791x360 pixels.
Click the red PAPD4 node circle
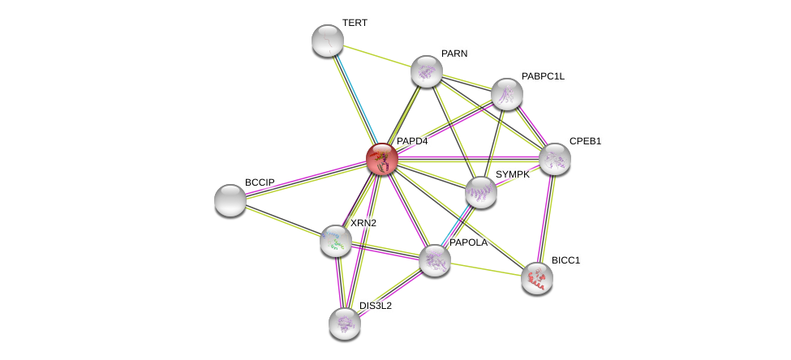381,159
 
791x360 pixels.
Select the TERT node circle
328,41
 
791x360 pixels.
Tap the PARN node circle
427,71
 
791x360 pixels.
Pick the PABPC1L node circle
507,94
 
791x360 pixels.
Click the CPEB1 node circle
555,159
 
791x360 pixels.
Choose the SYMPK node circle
481,192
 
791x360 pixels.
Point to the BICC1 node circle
537,278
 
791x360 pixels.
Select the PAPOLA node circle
435,260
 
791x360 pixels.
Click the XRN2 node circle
336,241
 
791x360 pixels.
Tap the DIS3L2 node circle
345,324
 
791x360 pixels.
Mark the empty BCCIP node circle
230,200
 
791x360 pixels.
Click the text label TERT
355,23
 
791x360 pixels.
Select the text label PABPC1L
543,76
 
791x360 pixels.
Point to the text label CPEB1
585,141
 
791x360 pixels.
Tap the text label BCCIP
260,182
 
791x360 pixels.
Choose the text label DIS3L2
376,306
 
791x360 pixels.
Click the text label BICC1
566,260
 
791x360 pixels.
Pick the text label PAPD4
412,141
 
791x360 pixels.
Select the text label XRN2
363,223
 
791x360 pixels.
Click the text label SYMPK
513,174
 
